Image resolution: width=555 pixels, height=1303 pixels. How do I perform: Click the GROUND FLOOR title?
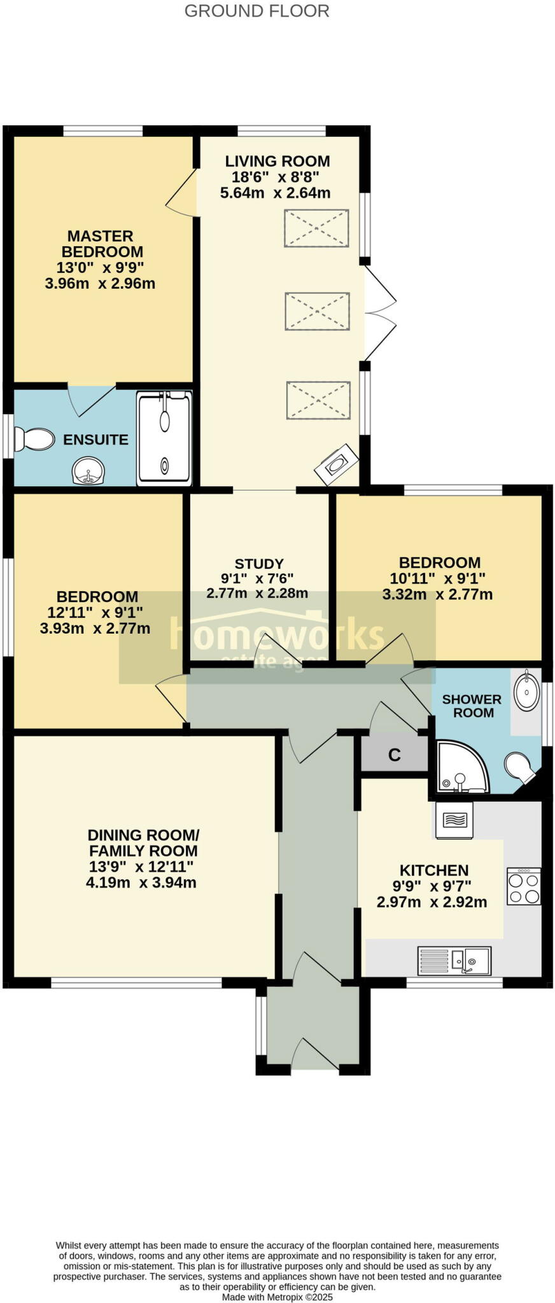tap(256, 11)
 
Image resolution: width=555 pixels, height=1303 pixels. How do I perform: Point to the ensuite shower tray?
tap(164, 438)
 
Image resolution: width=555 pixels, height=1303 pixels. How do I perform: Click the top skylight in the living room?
tap(316, 228)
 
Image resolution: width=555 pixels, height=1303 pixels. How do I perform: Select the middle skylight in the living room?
tap(317, 311)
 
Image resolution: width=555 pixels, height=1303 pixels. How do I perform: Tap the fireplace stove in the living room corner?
tap(336, 464)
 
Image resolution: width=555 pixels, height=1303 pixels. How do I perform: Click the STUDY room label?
tap(259, 564)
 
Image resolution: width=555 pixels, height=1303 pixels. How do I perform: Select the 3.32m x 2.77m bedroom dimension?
tap(437, 595)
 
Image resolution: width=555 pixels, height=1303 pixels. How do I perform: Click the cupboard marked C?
tap(394, 755)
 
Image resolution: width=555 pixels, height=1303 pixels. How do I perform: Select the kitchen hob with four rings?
tap(523, 886)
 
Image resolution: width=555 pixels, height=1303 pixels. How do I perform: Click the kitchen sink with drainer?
tap(454, 960)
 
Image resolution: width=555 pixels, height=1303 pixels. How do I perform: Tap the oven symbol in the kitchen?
tap(454, 821)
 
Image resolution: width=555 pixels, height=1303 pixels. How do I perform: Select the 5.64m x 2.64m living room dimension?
tap(275, 193)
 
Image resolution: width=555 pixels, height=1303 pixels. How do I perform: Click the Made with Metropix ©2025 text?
tap(277, 1297)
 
